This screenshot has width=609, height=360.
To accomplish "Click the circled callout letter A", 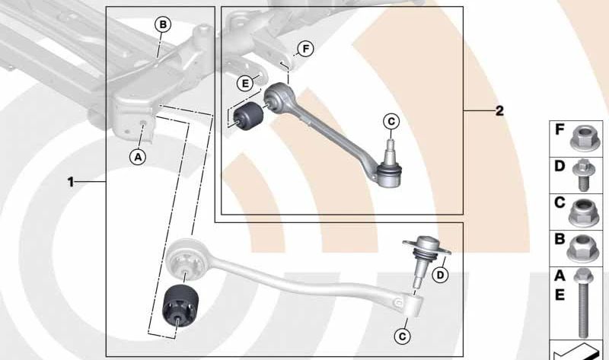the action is point(138,158).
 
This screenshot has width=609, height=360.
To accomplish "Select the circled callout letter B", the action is point(163,25).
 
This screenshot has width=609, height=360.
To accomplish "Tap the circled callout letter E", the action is point(245,83).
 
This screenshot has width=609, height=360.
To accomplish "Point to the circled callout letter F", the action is point(306,49).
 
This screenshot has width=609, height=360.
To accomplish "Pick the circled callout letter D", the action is point(440,276).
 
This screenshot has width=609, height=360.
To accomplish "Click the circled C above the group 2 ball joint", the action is point(391,122).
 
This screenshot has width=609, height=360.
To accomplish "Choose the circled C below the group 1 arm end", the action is point(402,336).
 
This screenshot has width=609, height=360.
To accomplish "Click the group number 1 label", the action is point(70,182).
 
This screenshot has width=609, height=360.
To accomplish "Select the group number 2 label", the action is point(499,111).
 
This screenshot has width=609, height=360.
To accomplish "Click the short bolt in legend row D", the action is point(582,175).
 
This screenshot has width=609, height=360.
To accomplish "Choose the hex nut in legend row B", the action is point(582,249).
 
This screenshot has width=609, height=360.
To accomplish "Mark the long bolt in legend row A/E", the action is point(582,303).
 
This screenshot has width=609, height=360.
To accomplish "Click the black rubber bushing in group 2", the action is point(248,116).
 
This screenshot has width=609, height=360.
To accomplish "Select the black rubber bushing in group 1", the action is point(180,307).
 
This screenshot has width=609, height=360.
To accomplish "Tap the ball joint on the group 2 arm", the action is point(388,166).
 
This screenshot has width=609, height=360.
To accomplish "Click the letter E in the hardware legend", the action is point(560,295).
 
